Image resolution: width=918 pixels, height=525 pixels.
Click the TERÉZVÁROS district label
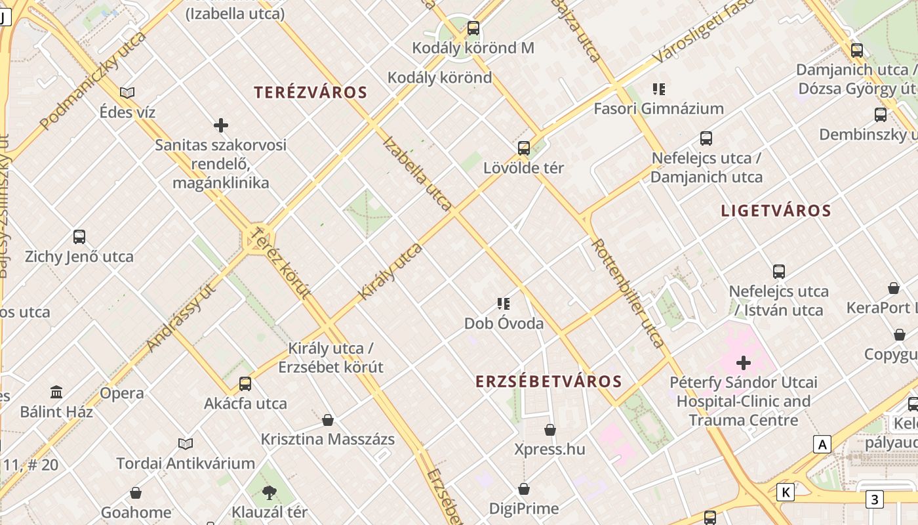click(310, 92)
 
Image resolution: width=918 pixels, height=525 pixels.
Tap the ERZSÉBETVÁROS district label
click(548, 381)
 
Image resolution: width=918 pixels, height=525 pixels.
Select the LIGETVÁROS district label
click(776, 211)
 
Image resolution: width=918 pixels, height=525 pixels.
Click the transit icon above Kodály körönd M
click(473, 28)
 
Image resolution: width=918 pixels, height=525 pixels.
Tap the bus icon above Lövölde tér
click(523, 148)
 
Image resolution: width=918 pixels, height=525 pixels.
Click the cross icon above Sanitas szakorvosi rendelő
click(221, 125)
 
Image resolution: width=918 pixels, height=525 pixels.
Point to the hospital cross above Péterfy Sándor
click(744, 362)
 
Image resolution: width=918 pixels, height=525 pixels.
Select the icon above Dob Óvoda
click(504, 303)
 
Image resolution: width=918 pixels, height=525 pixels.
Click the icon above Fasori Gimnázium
click(658, 89)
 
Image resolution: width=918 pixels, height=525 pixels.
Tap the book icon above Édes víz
click(127, 93)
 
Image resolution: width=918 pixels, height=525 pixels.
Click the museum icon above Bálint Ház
click(56, 392)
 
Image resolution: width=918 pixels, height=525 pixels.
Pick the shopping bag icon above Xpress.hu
click(549, 430)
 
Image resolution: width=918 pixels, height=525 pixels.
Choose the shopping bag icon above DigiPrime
click(523, 489)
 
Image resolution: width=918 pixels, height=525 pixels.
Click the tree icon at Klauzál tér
click(269, 492)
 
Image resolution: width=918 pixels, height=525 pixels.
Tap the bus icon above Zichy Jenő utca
click(79, 236)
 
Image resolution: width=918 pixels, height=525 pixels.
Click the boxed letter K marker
click(785, 492)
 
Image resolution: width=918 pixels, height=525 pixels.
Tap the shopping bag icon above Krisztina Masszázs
click(328, 419)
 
